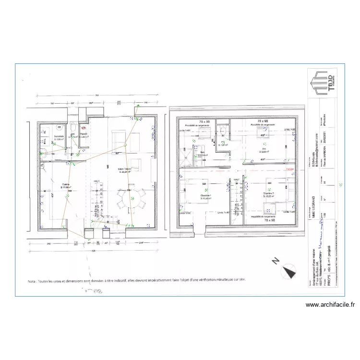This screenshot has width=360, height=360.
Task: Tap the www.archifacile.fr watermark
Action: (x=330, y=304)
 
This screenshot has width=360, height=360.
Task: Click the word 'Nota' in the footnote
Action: (x=33, y=281)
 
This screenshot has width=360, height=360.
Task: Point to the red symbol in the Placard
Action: (x=84, y=129)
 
